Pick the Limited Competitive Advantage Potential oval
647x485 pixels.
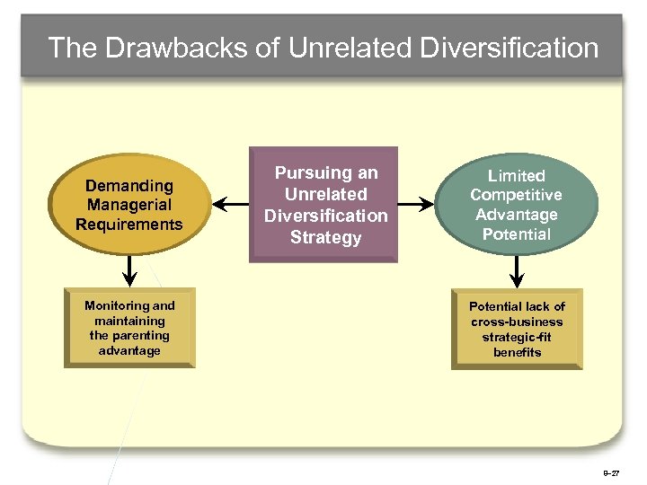pyautogui.click(x=517, y=205)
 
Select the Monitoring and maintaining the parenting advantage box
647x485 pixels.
pyautogui.click(x=129, y=328)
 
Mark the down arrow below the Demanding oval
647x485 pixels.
pyautogui.click(x=129, y=269)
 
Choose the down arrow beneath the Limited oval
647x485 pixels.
pyautogui.click(x=518, y=269)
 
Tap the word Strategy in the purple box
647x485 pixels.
pyautogui.click(x=325, y=238)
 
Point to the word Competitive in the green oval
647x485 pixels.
pyautogui.click(x=517, y=195)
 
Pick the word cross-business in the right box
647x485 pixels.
pyautogui.click(x=517, y=322)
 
